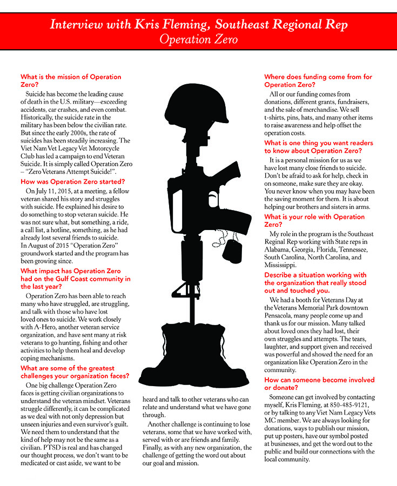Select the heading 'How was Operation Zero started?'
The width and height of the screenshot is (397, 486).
[x=72, y=181]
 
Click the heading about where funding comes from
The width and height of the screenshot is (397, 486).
[x=318, y=80]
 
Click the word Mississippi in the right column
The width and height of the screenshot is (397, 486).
[x=280, y=266]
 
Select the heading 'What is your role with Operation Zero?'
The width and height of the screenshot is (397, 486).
[x=314, y=220]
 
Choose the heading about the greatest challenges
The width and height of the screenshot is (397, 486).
[x=75, y=372]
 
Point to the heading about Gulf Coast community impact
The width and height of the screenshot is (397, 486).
[x=75, y=275]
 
